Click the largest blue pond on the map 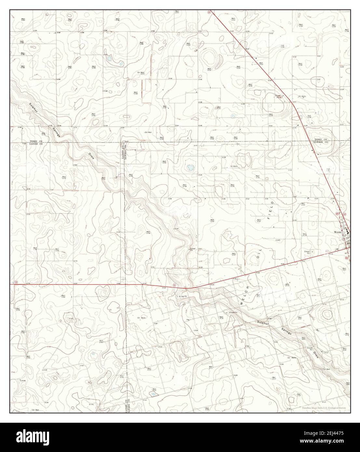click(x=190, y=168)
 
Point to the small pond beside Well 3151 click(x=233, y=115)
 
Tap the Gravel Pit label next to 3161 click(x=192, y=250)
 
